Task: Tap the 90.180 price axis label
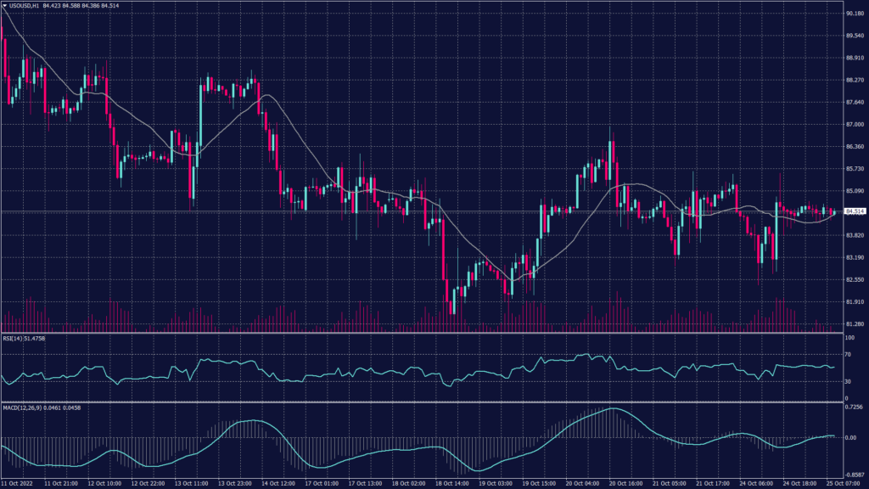point(855,14)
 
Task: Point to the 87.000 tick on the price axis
point(855,125)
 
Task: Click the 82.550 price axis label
point(855,279)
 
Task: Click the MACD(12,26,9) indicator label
point(23,407)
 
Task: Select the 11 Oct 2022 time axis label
point(19,483)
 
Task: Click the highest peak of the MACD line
point(611,409)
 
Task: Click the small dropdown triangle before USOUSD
point(4,6)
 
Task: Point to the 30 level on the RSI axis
point(849,381)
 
